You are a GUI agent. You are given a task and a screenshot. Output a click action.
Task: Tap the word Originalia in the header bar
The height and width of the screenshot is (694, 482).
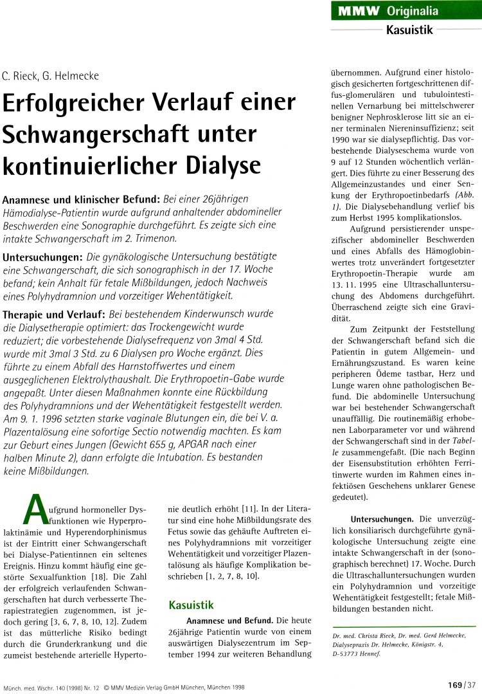[413, 12]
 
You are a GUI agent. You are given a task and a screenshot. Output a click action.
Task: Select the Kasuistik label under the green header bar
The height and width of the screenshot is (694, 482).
[408, 29]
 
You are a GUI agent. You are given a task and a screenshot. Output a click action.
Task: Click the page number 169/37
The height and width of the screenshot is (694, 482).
[460, 684]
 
